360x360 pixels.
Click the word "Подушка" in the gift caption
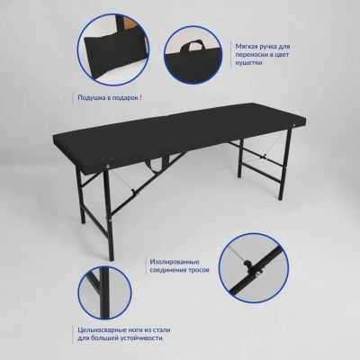(89, 98)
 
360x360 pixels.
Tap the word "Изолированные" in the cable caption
(175, 262)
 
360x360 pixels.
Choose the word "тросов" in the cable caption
(199, 270)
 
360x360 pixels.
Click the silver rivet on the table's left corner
(108, 165)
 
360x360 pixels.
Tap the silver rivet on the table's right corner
(294, 124)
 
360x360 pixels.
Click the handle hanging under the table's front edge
(156, 164)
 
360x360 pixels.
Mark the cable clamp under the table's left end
(132, 192)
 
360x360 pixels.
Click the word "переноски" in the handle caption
(251, 55)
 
